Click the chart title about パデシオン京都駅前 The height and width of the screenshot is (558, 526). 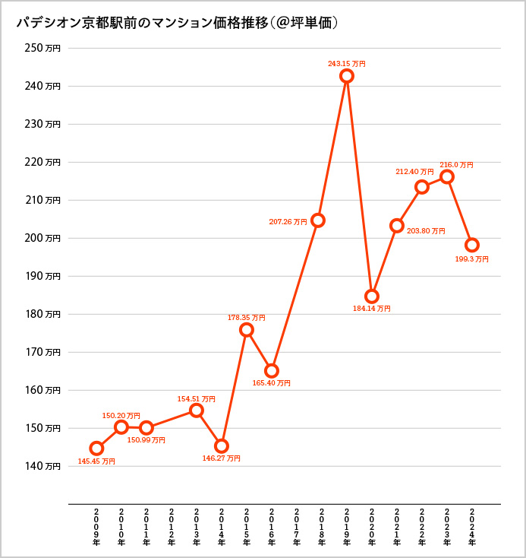point(177,24)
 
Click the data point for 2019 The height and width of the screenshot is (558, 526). point(347,76)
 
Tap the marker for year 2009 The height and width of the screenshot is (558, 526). point(96,449)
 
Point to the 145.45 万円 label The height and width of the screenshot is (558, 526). point(96,461)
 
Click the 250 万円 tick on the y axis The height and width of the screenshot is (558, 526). point(43,48)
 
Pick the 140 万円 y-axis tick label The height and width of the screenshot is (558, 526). point(43,466)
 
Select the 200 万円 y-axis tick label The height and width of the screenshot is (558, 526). point(43,238)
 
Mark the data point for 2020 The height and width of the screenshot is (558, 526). point(372,296)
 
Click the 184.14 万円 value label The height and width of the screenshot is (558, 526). point(372,309)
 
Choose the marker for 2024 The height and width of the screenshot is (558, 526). point(472,245)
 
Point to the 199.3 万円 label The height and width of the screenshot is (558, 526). point(471,258)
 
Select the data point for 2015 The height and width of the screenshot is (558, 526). point(247,330)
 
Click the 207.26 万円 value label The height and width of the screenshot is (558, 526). point(288,222)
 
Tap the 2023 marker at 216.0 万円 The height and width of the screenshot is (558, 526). point(447,176)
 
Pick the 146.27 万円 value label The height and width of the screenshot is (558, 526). point(222,458)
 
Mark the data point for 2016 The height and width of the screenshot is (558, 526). point(272,371)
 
